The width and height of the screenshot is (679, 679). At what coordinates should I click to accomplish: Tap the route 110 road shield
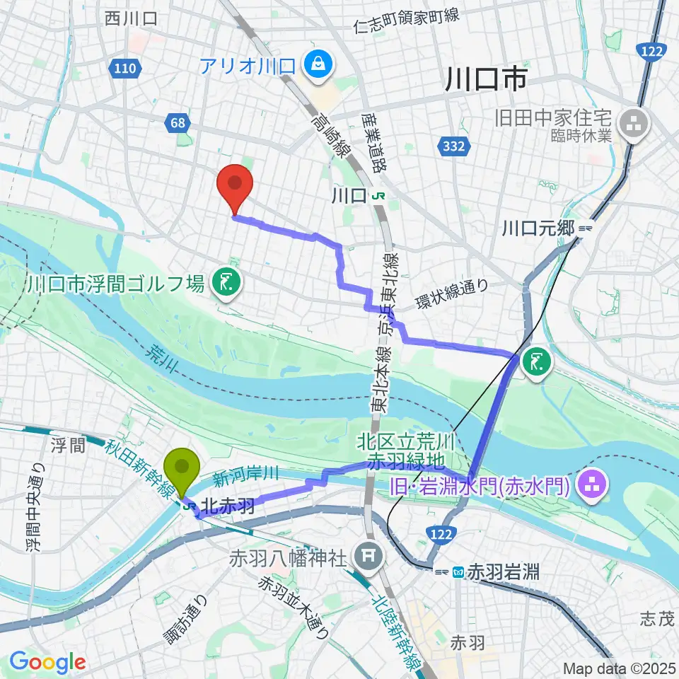coord(124,69)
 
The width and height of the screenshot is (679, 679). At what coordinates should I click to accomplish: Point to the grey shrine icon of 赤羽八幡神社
coord(366,553)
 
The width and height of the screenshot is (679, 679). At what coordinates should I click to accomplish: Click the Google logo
coord(48,661)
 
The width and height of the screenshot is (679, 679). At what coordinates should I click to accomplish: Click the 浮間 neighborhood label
coord(68,445)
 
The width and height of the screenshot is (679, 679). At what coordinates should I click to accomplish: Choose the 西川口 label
coord(131,19)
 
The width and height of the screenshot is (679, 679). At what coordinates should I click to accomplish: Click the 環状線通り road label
coord(451,293)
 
